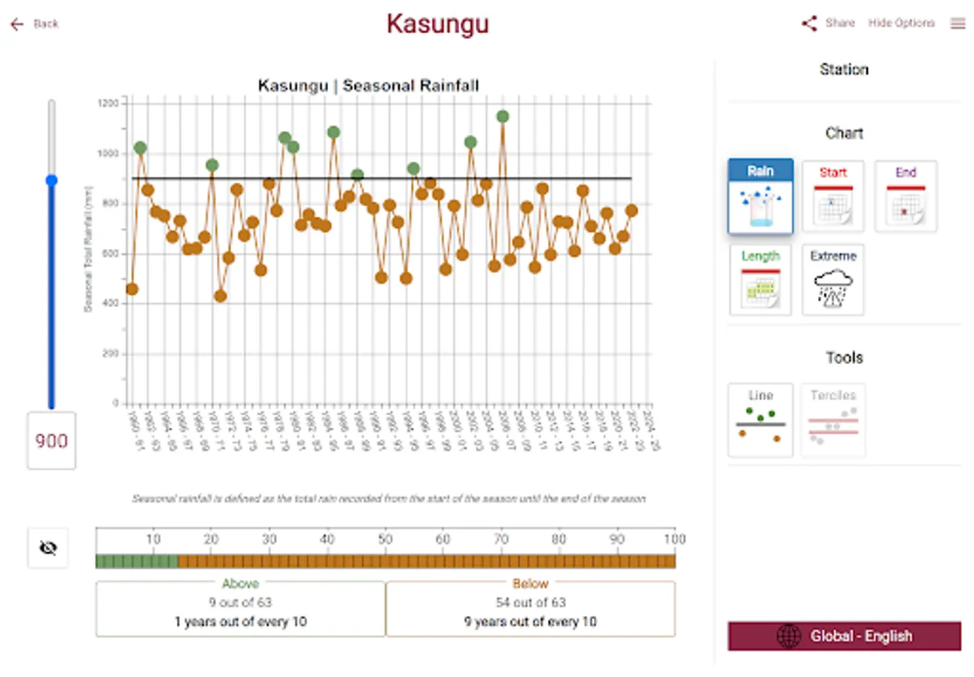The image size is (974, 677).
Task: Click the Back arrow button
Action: [17, 24]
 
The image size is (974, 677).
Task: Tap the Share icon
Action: [809, 23]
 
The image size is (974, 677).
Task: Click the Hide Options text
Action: [901, 23]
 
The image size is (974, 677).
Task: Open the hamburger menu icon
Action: [957, 23]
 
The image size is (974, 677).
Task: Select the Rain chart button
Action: [760, 196]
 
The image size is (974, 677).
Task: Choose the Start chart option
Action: [832, 196]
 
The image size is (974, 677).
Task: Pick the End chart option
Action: [906, 196]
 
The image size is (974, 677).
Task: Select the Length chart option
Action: [760, 280]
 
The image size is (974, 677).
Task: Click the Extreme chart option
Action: [832, 280]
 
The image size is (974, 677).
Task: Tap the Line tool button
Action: [760, 420]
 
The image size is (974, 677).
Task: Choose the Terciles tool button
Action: [832, 420]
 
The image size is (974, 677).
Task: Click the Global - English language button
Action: [844, 636]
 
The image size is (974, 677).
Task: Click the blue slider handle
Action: [51, 181]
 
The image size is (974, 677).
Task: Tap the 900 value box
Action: [51, 441]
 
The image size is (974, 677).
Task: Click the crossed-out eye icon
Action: [48, 548]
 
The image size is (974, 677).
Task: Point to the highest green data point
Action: [503, 117]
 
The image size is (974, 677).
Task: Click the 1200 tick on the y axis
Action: [108, 103]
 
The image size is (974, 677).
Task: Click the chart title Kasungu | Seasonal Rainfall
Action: [368, 85]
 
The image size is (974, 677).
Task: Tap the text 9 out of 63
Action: [240, 603]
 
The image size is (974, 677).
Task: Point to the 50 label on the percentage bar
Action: [385, 539]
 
